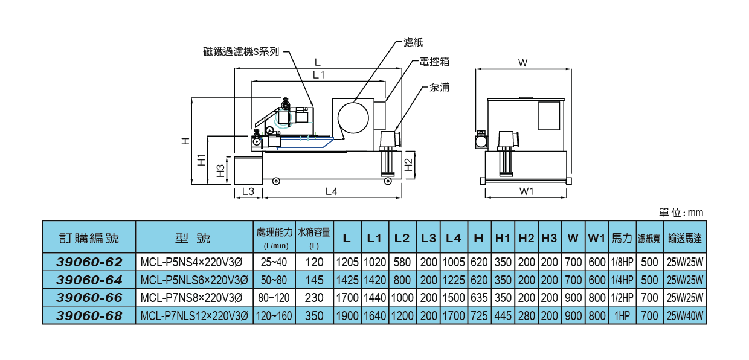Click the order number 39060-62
tap(89, 262)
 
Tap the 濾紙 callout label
tap(413, 43)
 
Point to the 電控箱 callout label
tap(434, 62)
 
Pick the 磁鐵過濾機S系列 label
tap(241, 52)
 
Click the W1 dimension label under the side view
tap(526, 191)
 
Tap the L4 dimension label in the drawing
tap(331, 191)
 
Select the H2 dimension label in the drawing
tap(409, 164)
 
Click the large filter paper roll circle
tap(353, 118)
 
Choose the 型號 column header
tap(193, 238)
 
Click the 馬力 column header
tap(622, 238)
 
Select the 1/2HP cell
tap(622, 298)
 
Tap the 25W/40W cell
tap(684, 316)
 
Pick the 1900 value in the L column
tap(347, 316)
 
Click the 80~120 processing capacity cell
tap(274, 298)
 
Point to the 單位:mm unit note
tap(681, 213)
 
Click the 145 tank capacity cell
tap(314, 280)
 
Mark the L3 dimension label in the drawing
tap(248, 191)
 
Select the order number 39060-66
tap(89, 298)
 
